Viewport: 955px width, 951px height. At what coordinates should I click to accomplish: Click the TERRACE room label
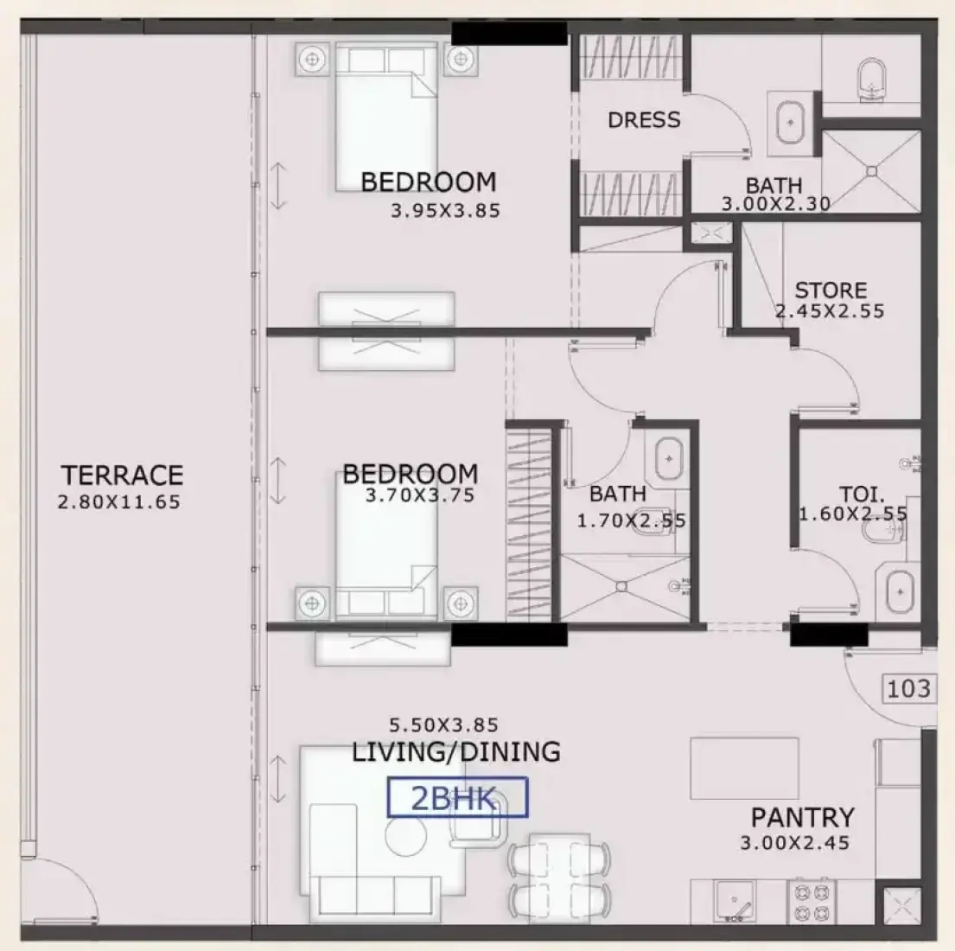122,475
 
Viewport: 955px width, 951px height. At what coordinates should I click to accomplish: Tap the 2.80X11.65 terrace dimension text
119,502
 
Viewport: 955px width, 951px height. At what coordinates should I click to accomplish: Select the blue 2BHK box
457,797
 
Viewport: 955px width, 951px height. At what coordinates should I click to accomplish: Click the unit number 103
908,689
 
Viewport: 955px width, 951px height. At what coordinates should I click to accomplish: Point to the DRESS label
644,120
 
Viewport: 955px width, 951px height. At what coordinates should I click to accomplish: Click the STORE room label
831,290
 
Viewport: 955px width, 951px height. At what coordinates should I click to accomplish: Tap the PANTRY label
802,818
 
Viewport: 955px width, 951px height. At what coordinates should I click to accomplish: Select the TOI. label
862,494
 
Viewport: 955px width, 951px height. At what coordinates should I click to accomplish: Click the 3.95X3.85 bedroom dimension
445,211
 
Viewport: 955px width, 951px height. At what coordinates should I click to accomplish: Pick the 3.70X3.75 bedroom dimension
420,495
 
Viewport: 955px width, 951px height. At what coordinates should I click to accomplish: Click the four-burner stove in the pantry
812,903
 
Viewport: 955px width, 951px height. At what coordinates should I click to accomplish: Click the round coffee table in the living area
405,835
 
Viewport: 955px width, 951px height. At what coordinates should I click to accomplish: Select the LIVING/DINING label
456,752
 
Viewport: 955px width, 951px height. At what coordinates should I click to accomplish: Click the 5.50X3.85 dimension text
443,725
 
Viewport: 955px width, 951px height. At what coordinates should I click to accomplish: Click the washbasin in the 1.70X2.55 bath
669,459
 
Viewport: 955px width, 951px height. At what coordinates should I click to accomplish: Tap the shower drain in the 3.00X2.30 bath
871,172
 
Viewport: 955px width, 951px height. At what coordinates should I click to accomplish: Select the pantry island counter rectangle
744,769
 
